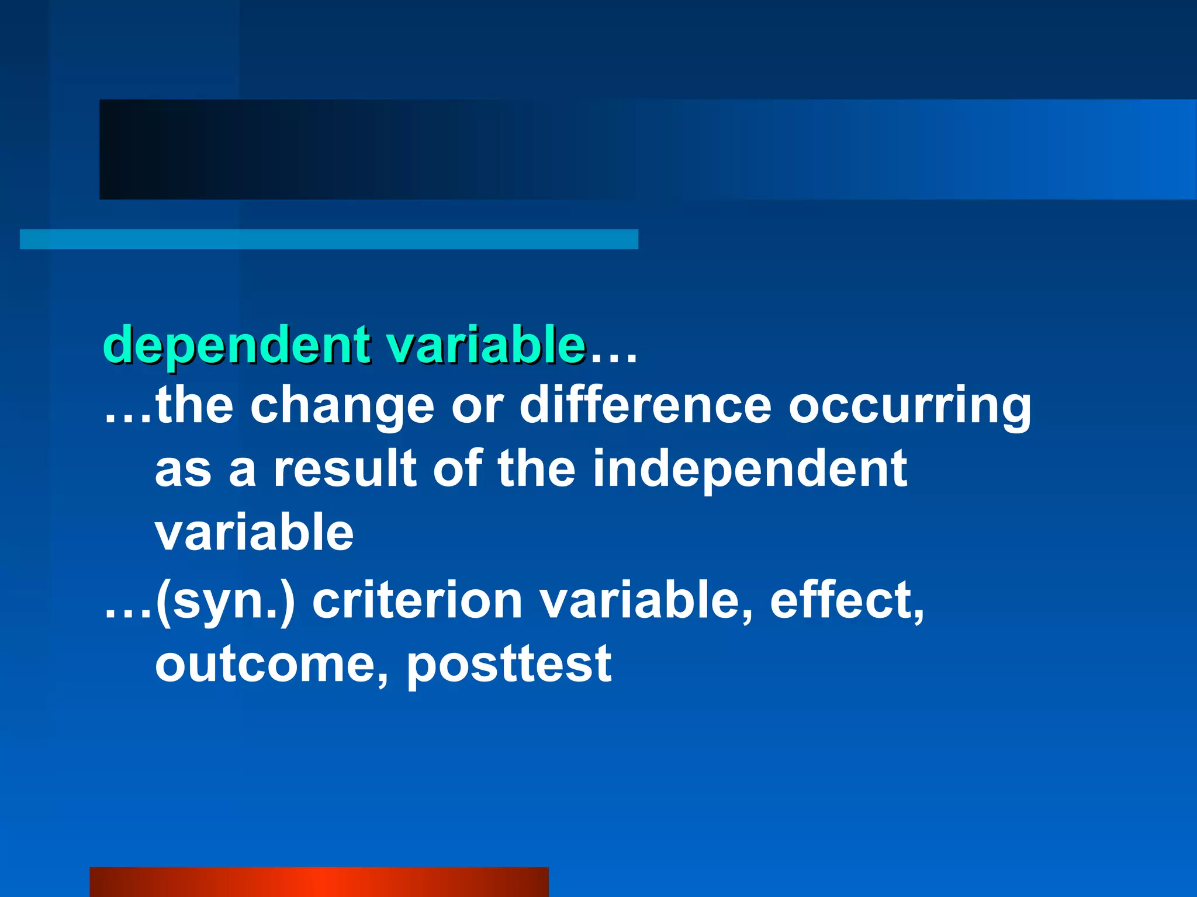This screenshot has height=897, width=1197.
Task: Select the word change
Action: (x=342, y=407)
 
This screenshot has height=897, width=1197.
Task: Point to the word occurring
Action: (x=909, y=408)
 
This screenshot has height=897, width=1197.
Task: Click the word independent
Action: (x=750, y=470)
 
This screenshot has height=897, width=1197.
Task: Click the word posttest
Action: (x=508, y=665)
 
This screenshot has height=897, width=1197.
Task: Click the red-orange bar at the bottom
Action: (x=319, y=882)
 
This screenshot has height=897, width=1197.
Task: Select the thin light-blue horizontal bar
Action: (x=328, y=239)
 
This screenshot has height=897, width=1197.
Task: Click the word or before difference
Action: (x=477, y=407)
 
